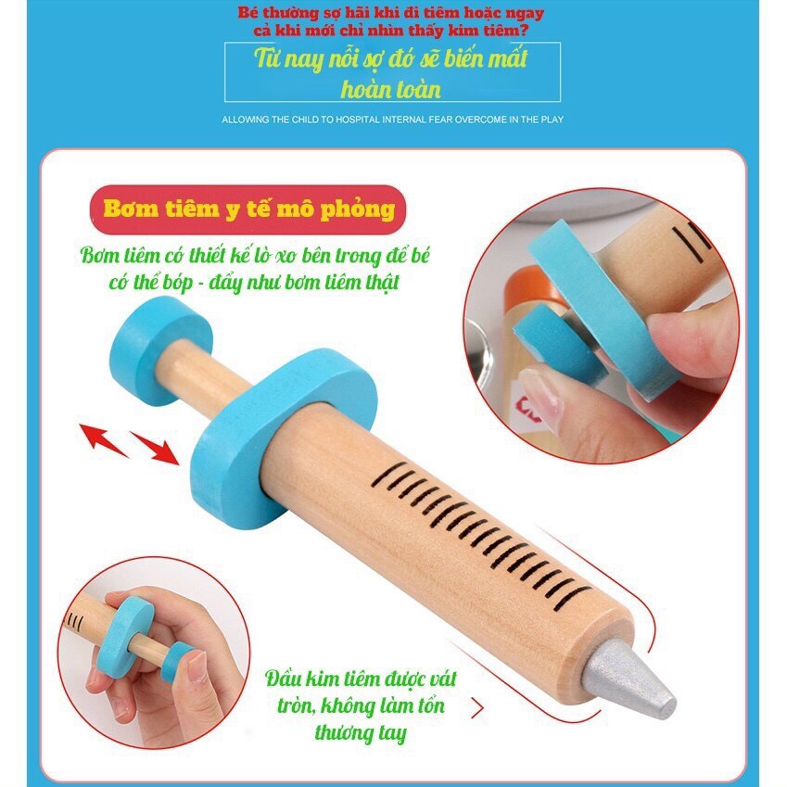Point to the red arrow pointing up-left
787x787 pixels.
coord(103,440)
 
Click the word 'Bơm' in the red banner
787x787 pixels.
coord(131,209)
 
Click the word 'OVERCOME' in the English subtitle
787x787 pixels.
coord(471,120)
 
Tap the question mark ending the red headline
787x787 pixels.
coord(524,31)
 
